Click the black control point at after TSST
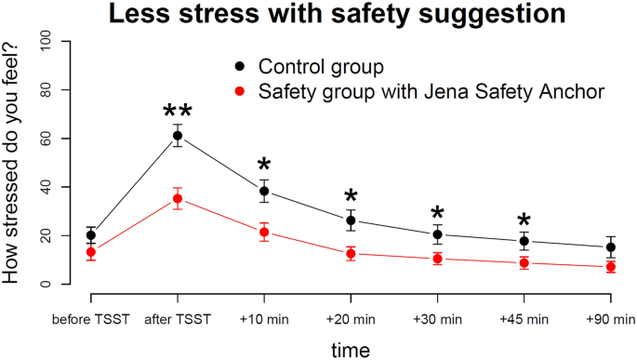(178, 136)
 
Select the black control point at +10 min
(264, 191)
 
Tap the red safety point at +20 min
(351, 254)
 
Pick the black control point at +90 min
(610, 247)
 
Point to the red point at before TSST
(91, 252)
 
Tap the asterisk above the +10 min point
(264, 170)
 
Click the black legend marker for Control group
(240, 67)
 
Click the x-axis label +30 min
(437, 320)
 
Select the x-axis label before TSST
(91, 320)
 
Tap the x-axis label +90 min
(610, 320)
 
